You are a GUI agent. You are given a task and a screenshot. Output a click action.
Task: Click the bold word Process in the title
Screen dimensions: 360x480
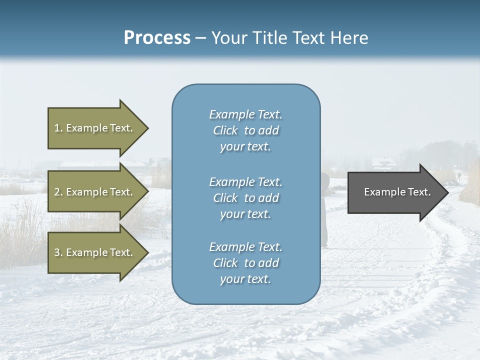click(x=157, y=38)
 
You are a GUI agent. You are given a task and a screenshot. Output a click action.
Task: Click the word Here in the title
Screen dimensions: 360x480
click(x=348, y=38)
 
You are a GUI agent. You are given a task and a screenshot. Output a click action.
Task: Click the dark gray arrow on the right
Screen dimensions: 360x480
click(x=395, y=192)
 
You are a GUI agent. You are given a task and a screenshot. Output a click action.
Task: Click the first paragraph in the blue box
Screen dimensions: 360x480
click(x=245, y=130)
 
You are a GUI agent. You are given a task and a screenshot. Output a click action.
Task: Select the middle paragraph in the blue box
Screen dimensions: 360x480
click(x=245, y=198)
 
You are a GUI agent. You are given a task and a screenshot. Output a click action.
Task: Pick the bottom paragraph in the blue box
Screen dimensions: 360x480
click(x=245, y=263)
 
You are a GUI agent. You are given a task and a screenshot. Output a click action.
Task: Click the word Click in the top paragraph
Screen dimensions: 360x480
click(x=225, y=130)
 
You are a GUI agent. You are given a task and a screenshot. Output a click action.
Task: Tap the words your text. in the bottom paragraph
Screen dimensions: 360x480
click(x=245, y=279)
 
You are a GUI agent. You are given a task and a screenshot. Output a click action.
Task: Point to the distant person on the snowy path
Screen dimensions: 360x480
click(x=458, y=175)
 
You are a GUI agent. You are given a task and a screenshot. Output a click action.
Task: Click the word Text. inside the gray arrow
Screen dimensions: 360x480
click(x=418, y=192)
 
